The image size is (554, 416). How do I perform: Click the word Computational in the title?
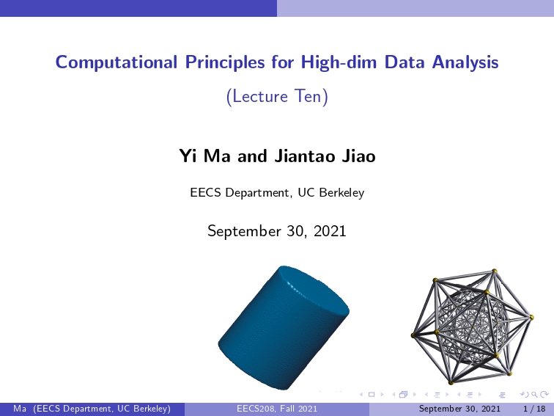pos(117,62)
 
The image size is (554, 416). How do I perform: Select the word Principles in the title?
pos(225,62)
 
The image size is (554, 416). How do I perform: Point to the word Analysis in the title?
pos(465,62)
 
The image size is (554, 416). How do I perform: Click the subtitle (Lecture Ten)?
pos(277,96)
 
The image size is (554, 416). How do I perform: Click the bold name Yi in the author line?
pos(188,156)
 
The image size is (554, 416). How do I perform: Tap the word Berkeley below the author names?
pos(341,192)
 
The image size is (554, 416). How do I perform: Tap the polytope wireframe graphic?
pos(472,326)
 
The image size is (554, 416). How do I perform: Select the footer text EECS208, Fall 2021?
pos(277,409)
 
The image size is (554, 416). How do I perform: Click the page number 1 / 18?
pos(534,409)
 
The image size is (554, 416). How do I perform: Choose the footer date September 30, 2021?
pos(459,409)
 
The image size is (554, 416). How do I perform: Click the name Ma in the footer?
pos(20,409)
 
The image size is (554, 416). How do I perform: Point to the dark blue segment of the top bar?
pos(138,8)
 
